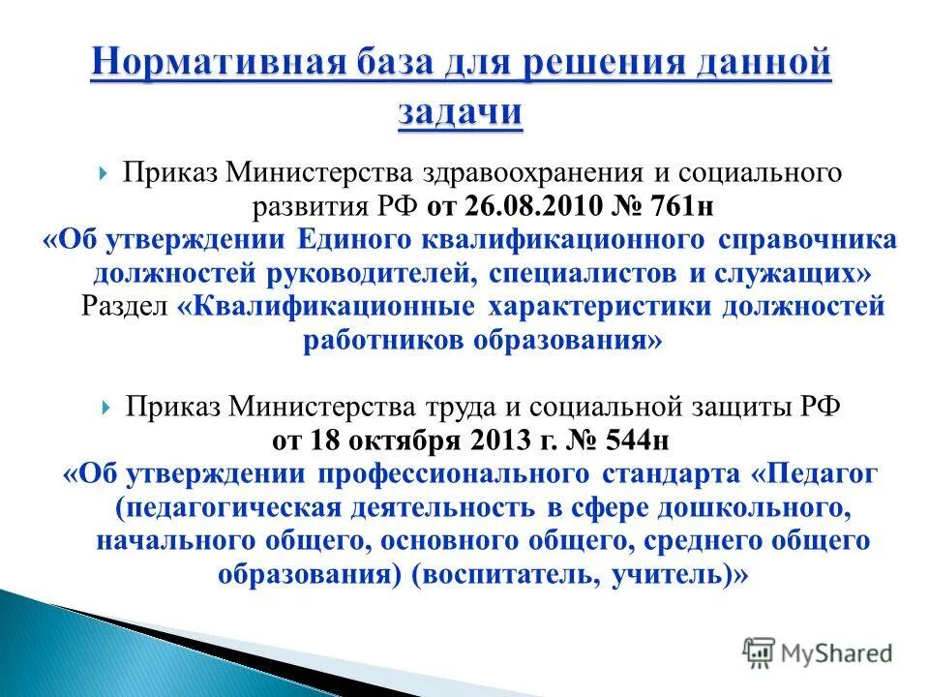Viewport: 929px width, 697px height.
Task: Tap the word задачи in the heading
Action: click(460, 111)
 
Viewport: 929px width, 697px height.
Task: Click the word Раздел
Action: click(124, 308)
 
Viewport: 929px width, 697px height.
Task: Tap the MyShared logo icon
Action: click(760, 652)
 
